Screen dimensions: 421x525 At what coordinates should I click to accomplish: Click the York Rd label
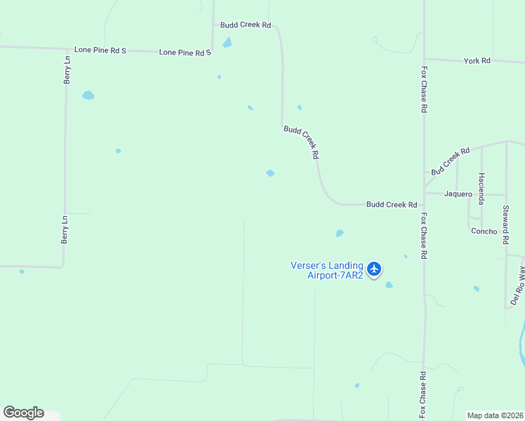point(477,61)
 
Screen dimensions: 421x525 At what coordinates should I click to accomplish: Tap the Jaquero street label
point(458,194)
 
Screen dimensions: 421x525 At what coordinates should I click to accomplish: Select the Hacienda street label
point(481,188)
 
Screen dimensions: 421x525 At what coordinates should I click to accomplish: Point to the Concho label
point(484,231)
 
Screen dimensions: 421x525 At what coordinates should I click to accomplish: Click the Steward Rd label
point(505,225)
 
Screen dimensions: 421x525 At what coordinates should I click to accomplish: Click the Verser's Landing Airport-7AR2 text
point(327,270)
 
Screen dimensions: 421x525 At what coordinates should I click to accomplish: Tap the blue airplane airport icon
point(374,269)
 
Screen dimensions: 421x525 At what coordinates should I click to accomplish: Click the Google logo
point(23,413)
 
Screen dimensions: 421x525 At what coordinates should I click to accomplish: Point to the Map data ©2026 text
point(494,415)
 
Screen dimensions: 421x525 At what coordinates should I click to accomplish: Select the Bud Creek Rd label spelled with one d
point(450,161)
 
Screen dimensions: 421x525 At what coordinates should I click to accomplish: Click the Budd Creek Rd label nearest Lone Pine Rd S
point(245,25)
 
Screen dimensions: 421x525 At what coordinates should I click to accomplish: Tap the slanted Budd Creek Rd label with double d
point(302,142)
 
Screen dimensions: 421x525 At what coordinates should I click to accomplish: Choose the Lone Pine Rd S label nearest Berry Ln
point(100,51)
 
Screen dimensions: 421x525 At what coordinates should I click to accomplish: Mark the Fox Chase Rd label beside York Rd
point(424,90)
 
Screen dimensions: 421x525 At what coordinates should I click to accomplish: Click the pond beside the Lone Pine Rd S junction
point(227,43)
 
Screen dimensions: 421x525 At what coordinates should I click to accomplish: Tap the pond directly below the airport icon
point(389,285)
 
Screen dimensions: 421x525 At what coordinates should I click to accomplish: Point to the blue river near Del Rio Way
point(521,344)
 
